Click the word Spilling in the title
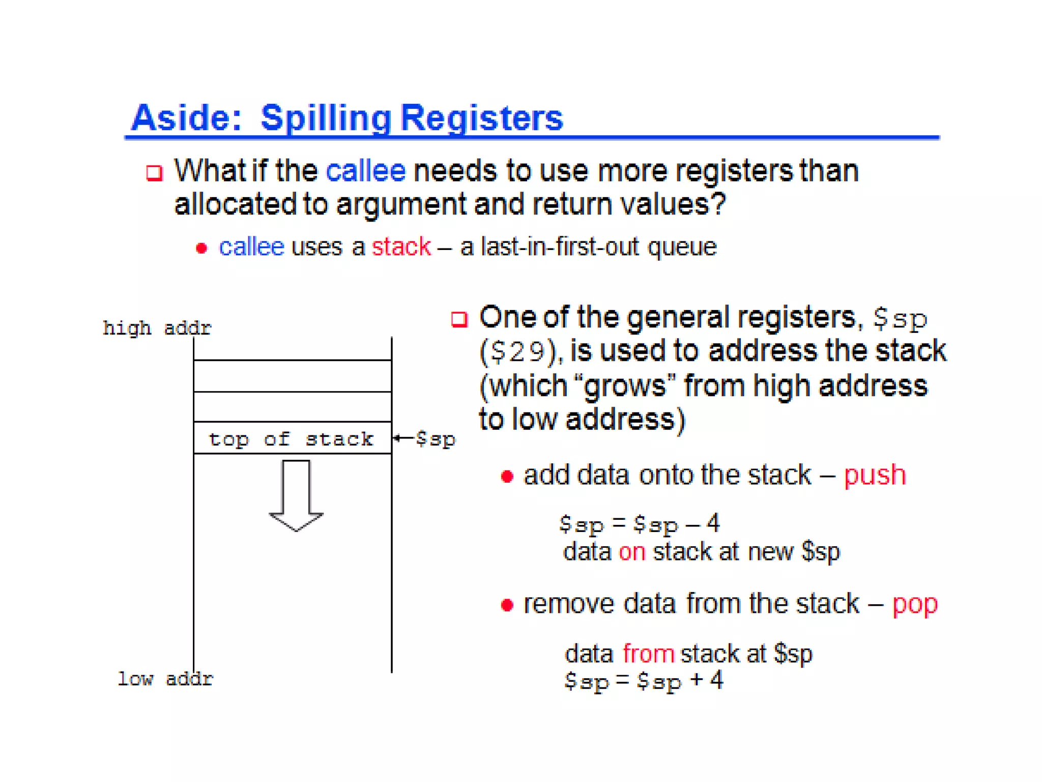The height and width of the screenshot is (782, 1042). pyautogui.click(x=326, y=118)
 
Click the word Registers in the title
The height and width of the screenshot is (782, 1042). pyautogui.click(x=482, y=118)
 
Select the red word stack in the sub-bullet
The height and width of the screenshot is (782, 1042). pyautogui.click(x=401, y=247)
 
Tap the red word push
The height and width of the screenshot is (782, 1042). pyautogui.click(x=875, y=475)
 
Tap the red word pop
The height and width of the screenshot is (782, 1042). pyautogui.click(x=914, y=604)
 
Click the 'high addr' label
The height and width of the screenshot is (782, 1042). pyautogui.click(x=157, y=328)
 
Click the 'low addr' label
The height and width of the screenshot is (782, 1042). pyautogui.click(x=165, y=679)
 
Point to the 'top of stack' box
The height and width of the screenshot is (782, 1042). pyautogui.click(x=292, y=438)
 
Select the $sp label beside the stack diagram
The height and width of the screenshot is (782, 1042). pyautogui.click(x=435, y=439)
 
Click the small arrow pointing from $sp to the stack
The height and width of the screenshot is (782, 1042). pyautogui.click(x=403, y=438)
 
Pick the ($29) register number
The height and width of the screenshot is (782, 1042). pyautogui.click(x=519, y=352)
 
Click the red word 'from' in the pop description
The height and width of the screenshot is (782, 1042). pyautogui.click(x=648, y=654)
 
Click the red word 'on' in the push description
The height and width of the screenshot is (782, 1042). pyautogui.click(x=631, y=552)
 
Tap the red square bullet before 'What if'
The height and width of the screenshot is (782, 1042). pyautogui.click(x=154, y=173)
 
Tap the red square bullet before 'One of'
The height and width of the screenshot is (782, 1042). pyautogui.click(x=459, y=319)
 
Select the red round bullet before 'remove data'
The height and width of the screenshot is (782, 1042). pyautogui.click(x=507, y=605)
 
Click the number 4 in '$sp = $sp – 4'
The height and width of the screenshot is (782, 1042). pyautogui.click(x=713, y=523)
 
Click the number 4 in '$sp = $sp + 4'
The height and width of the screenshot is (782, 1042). pyautogui.click(x=716, y=680)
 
